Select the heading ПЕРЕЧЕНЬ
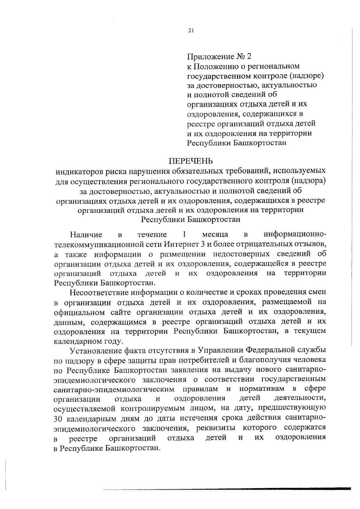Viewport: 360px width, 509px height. [190, 161]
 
